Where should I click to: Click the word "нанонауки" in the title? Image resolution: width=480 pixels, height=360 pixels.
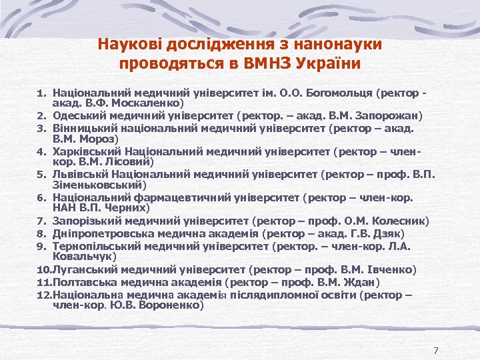coord(341,45)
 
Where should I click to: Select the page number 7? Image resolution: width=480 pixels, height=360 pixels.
coord(435,351)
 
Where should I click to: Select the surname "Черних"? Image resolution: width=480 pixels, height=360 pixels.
coord(123,209)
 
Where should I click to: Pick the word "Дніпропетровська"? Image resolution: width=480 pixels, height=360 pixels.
coord(101,233)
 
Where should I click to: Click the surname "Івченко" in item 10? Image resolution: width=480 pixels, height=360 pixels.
coord(393,270)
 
